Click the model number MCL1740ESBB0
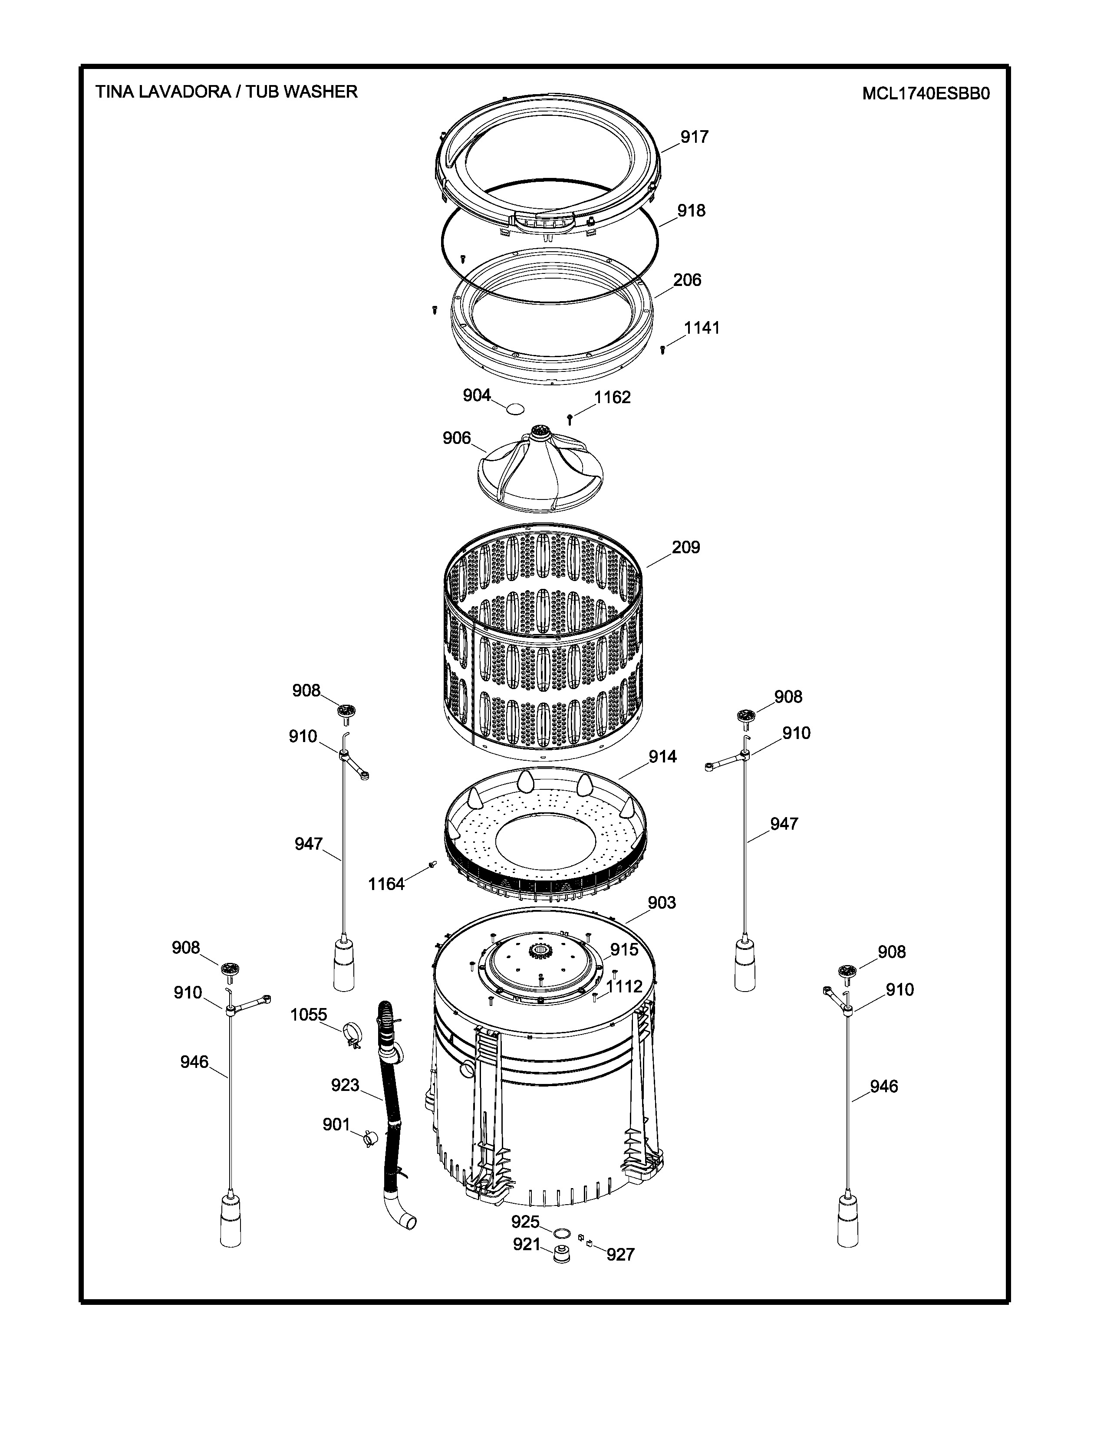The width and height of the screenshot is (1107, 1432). pyautogui.click(x=926, y=93)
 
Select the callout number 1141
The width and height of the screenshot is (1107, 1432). pyautogui.click(x=702, y=327)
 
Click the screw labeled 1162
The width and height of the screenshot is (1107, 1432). pyautogui.click(x=570, y=419)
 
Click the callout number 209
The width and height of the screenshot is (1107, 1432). pyautogui.click(x=685, y=547)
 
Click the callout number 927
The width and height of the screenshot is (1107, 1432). pyautogui.click(x=620, y=1255)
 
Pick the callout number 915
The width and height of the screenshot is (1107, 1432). pyautogui.click(x=624, y=949)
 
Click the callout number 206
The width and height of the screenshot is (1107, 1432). pyautogui.click(x=687, y=280)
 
